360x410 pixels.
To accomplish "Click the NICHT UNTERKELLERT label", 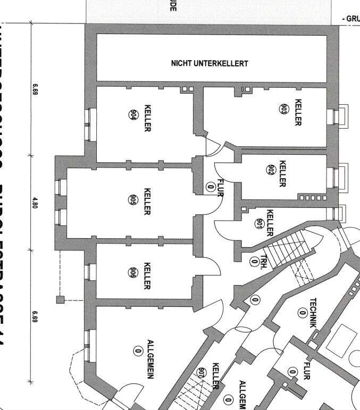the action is [210, 63].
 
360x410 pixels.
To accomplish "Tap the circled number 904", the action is [133, 114].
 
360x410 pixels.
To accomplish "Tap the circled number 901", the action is [259, 224].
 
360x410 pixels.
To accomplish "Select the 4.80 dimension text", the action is [36, 203].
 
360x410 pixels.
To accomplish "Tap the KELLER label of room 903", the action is [298, 112].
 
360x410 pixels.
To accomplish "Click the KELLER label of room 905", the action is [147, 201].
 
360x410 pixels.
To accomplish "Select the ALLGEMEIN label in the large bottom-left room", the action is [150, 358].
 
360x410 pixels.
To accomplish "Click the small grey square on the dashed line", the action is [60, 300].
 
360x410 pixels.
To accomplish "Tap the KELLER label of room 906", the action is [147, 275].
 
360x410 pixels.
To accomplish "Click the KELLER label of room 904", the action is [147, 118].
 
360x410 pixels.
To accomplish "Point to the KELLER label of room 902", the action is [282, 173].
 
